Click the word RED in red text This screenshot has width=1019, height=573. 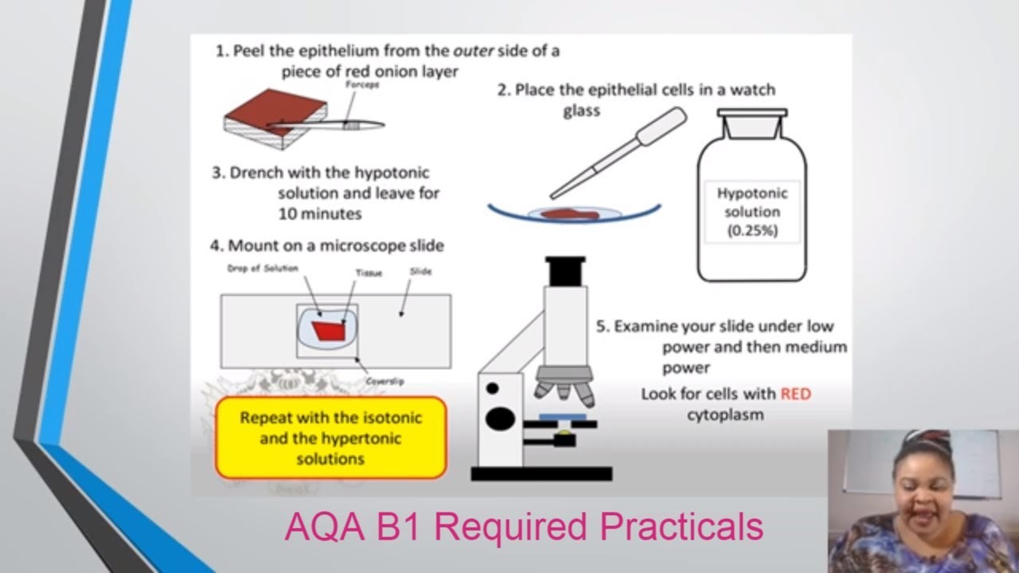795,394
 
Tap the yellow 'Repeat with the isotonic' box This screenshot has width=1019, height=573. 330,438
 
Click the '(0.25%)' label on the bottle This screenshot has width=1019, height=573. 752,232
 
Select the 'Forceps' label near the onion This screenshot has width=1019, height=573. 362,85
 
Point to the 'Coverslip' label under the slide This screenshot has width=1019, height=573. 385,382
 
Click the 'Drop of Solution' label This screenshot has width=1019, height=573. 262,269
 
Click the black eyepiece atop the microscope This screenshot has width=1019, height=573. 565,271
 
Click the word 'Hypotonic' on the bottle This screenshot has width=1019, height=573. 752,193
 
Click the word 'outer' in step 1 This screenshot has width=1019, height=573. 474,51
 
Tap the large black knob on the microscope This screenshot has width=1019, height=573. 501,418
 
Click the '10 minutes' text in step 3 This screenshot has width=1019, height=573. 319,213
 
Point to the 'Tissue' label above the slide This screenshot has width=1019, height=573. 369,273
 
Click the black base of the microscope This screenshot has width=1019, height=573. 541,474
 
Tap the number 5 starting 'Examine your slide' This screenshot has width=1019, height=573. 602,326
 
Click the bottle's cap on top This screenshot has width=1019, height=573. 752,114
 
